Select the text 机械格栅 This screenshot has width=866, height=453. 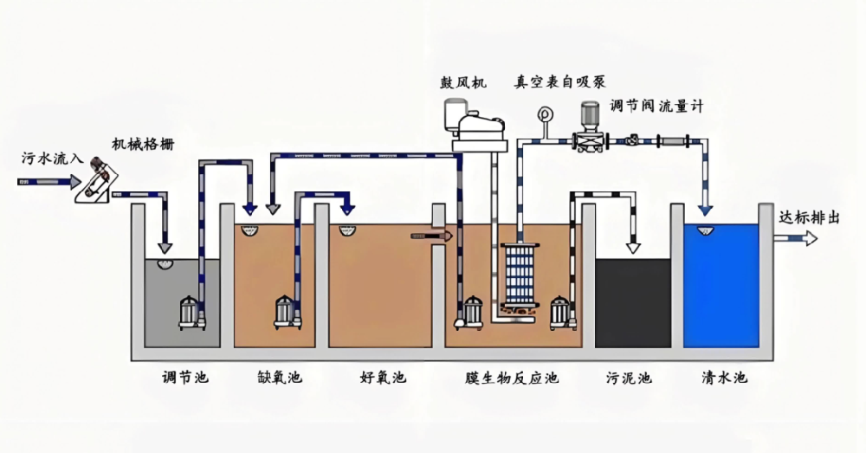click(143, 144)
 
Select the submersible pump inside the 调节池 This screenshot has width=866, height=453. click(190, 313)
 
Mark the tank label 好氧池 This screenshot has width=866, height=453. click(383, 378)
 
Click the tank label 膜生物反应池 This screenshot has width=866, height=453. click(512, 378)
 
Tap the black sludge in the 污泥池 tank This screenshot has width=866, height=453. click(633, 303)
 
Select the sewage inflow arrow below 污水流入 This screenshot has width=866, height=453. click(38, 183)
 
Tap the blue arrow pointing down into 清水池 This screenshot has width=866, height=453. click(706, 207)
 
